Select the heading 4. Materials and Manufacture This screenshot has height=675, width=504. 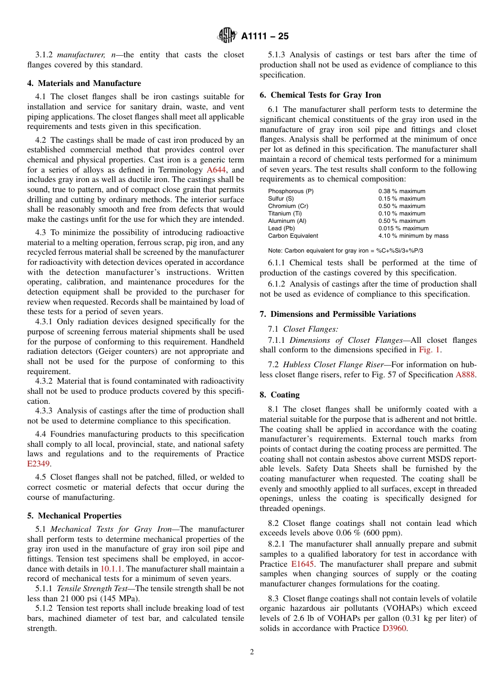[x=84, y=83]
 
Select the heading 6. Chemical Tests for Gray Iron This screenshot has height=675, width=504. [x=320, y=95]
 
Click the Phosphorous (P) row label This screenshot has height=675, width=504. [x=290, y=191]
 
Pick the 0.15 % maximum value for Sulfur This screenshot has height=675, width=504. [x=402, y=198]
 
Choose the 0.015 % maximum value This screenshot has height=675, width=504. [x=403, y=228]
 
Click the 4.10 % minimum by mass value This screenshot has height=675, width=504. [x=413, y=236]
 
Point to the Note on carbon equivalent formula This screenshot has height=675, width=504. [x=345, y=250]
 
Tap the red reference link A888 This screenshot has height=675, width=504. [x=466, y=375]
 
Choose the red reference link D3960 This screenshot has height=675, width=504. [x=394, y=628]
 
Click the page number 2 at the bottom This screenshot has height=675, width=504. [x=252, y=652]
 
